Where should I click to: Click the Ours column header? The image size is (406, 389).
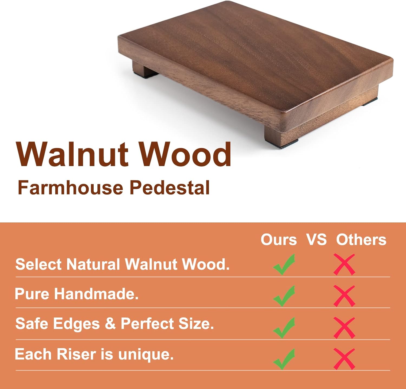[279, 240]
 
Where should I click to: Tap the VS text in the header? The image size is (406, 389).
[316, 240]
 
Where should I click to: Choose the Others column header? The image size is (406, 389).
[361, 240]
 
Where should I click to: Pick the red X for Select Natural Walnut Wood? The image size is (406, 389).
[344, 264]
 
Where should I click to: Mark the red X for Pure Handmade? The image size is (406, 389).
[344, 296]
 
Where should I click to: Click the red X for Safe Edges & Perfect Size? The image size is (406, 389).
[344, 328]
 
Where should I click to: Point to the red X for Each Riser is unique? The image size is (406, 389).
[344, 359]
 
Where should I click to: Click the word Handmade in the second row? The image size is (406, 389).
[96, 294]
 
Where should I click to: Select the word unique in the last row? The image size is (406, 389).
[146, 355]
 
